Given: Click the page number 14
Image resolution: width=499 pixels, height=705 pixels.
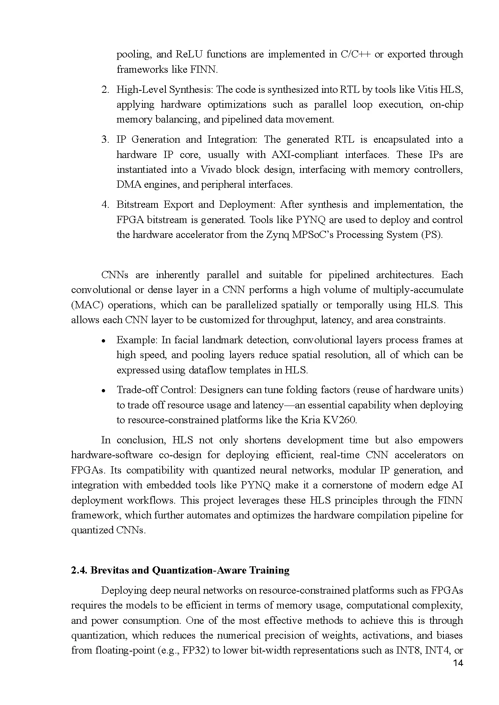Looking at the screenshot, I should point(458,663).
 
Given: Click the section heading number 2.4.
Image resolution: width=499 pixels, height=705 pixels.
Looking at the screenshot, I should point(79,570).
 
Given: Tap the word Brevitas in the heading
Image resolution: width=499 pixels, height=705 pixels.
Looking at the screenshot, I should point(108,570).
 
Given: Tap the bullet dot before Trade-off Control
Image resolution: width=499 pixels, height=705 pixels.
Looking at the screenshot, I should point(103,391).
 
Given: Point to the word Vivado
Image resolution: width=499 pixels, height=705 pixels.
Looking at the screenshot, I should point(217,170).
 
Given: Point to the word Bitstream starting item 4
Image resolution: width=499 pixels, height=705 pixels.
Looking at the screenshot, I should point(137,205).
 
